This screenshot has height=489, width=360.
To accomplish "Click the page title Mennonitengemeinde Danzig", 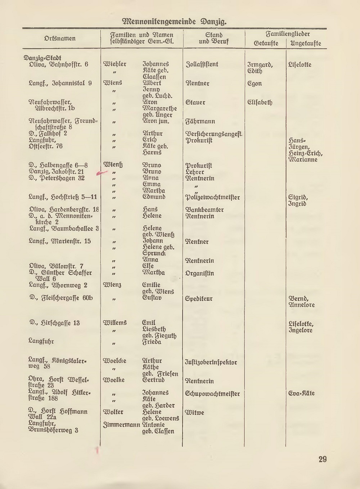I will pyautogui.click(x=175, y=21).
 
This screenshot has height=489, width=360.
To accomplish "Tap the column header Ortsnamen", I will pyautogui.click(x=60, y=39).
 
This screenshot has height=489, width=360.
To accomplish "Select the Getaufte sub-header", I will pyautogui.click(x=266, y=44).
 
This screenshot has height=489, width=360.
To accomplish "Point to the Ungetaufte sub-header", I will pyautogui.click(x=306, y=44).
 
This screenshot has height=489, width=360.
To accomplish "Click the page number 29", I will pyautogui.click(x=322, y=459).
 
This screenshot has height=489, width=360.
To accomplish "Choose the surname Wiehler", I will pyautogui.click(x=115, y=64).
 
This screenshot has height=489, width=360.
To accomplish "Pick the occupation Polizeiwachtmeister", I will pyautogui.click(x=212, y=198).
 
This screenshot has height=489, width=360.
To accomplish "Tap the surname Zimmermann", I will pyautogui.click(x=121, y=425).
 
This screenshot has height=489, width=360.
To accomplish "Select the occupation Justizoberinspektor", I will pyautogui.click(x=211, y=362).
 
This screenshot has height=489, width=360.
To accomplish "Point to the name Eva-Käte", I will pyautogui.click(x=301, y=393).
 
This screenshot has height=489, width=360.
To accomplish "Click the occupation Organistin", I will pyautogui.click(x=199, y=273).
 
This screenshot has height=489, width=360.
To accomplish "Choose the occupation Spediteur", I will pyautogui.click(x=199, y=299).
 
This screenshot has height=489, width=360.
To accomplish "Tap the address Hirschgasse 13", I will pyautogui.click(x=55, y=323).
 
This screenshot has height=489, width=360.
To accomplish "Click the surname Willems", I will pyautogui.click(x=115, y=323).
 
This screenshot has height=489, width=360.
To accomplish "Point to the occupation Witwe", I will pyautogui.click(x=194, y=413).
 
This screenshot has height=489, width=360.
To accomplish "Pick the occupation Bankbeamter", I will pyautogui.click(x=204, y=210).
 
